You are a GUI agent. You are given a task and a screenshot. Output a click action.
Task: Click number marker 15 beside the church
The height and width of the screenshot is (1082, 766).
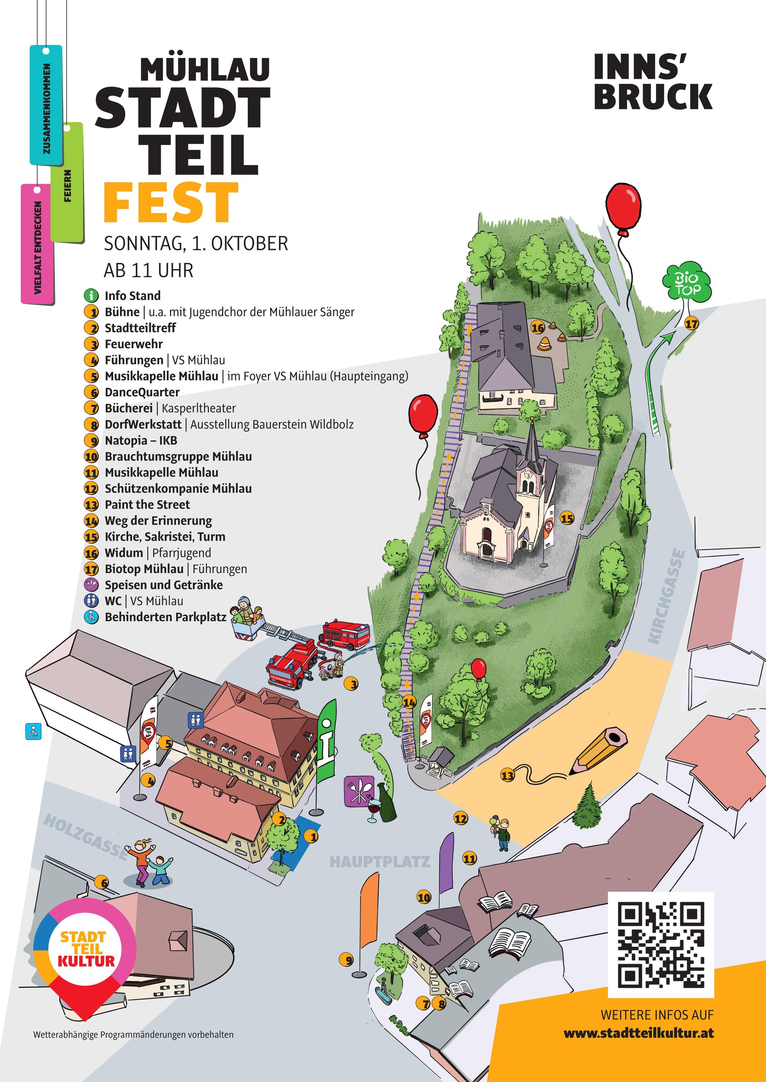point(567,518)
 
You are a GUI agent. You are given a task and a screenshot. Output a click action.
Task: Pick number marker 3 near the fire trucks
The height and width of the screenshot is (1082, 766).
point(351,684)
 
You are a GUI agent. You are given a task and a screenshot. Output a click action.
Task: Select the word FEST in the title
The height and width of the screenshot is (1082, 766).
point(171,202)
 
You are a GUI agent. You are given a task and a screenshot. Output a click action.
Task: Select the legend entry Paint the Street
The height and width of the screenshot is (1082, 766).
point(147,504)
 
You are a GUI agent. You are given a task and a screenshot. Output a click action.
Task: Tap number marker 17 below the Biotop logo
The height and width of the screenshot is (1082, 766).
point(691,324)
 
